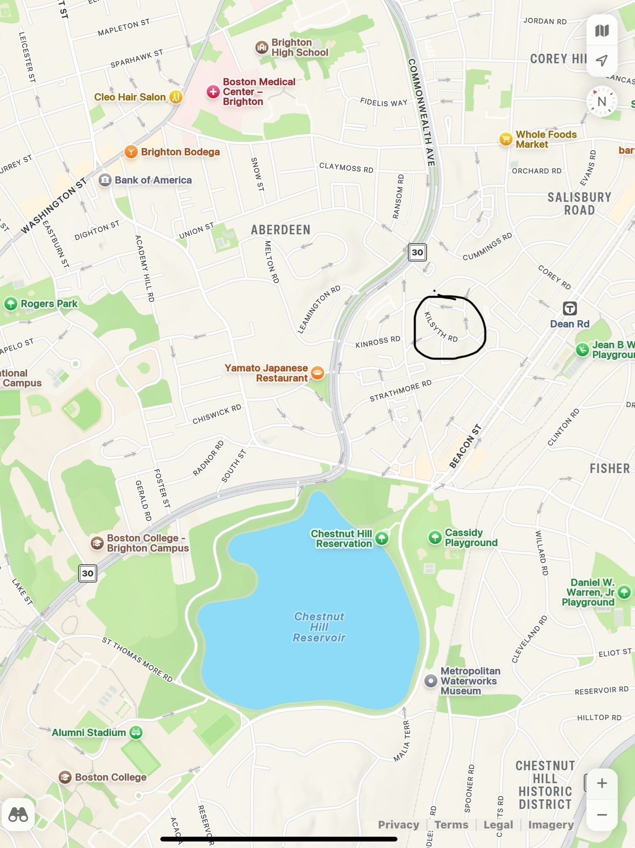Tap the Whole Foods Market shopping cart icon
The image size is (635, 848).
(506, 139)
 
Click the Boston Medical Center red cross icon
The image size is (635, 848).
(213, 92)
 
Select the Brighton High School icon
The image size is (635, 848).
(261, 47)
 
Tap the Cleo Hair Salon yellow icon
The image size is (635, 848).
(175, 96)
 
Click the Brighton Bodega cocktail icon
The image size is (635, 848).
(131, 152)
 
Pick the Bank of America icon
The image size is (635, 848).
(105, 180)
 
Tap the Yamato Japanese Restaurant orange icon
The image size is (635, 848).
(317, 373)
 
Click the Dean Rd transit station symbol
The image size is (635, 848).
(569, 309)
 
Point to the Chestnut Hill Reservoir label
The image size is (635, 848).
(319, 627)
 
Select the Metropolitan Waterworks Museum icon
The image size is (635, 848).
(430, 681)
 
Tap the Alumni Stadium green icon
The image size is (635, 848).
(136, 732)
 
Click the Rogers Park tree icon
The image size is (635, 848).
(10, 303)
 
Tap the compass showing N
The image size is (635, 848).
(602, 102)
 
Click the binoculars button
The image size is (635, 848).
(18, 815)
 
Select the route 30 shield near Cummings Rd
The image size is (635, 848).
(417, 252)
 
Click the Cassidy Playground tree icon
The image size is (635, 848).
(435, 537)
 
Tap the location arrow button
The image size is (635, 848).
(602, 60)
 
